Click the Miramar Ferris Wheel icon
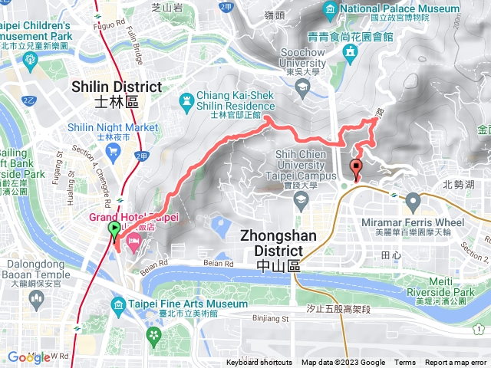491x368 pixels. click(413, 203)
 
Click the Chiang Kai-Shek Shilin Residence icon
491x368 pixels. click(186, 100)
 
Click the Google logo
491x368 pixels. click(28, 356)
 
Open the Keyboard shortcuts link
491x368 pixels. click(259, 363)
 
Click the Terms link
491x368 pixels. click(405, 363)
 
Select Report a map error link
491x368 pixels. click(456, 363)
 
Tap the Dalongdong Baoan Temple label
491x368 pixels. click(35, 268)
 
